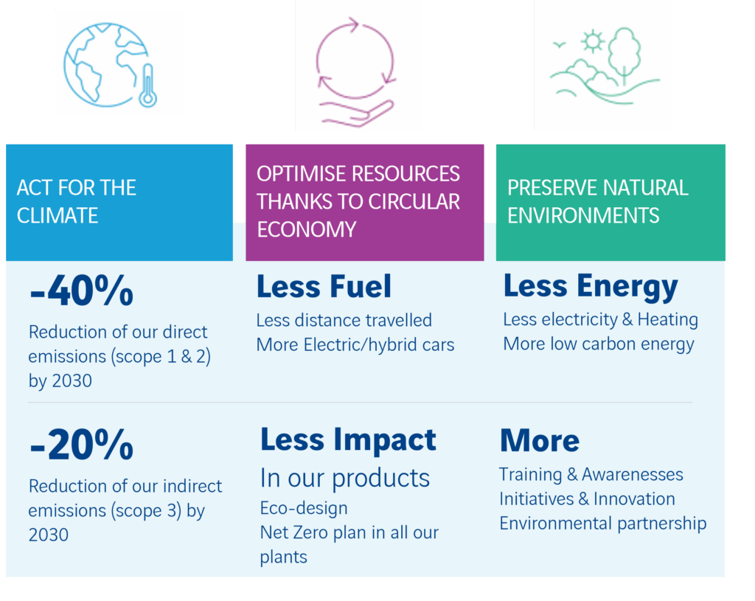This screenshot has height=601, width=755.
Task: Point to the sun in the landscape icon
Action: [592, 41]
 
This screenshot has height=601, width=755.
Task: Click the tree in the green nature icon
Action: [624, 52]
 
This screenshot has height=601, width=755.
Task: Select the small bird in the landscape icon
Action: [559, 45]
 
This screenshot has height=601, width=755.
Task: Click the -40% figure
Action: [81, 291]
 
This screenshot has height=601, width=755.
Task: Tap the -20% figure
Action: [81, 445]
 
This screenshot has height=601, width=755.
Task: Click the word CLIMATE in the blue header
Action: [58, 215]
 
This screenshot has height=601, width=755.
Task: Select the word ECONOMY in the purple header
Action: [306, 229]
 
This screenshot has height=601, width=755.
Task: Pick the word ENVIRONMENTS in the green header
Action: [583, 215]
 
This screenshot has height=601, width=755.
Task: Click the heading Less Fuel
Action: [324, 286]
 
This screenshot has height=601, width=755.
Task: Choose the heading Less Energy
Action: [591, 286]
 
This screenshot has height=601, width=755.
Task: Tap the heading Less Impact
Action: [348, 440]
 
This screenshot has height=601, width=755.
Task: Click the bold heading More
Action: [540, 441]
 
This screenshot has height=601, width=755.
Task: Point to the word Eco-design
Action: [304, 508]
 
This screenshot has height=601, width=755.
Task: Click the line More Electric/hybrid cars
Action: [355, 345]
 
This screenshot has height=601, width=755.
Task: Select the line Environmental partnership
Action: [603, 524]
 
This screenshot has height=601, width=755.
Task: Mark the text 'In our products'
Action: [345, 478]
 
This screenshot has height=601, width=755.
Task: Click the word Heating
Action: [668, 320]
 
